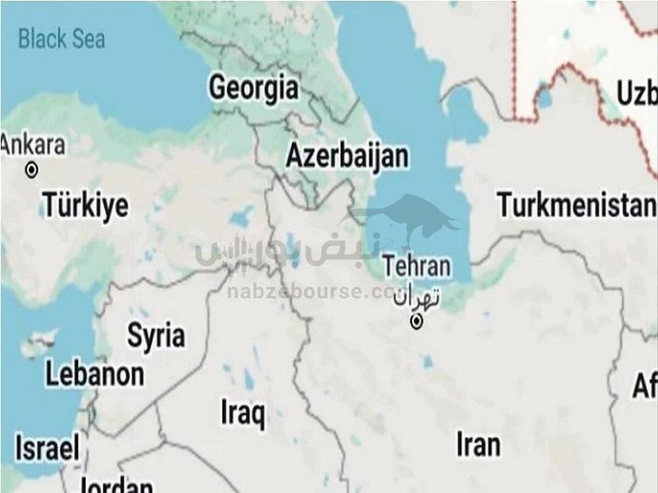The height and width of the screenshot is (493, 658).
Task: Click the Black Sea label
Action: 61,39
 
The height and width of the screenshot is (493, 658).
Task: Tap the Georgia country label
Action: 254,88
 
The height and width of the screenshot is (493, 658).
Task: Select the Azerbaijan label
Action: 347,157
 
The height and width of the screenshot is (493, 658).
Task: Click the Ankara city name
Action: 33,146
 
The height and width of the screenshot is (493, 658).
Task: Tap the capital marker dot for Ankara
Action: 32,170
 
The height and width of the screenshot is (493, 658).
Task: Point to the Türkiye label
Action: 86,205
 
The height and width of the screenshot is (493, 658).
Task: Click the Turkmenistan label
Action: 576,205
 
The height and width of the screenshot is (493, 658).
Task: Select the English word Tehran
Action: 417,267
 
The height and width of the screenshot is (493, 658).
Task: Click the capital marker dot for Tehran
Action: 417,322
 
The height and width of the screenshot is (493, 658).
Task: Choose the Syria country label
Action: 156,335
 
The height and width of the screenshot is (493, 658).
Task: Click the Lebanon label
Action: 94,375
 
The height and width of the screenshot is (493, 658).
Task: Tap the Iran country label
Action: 478,445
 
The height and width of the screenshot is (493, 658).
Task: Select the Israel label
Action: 47,448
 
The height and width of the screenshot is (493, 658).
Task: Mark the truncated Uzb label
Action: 636,93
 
